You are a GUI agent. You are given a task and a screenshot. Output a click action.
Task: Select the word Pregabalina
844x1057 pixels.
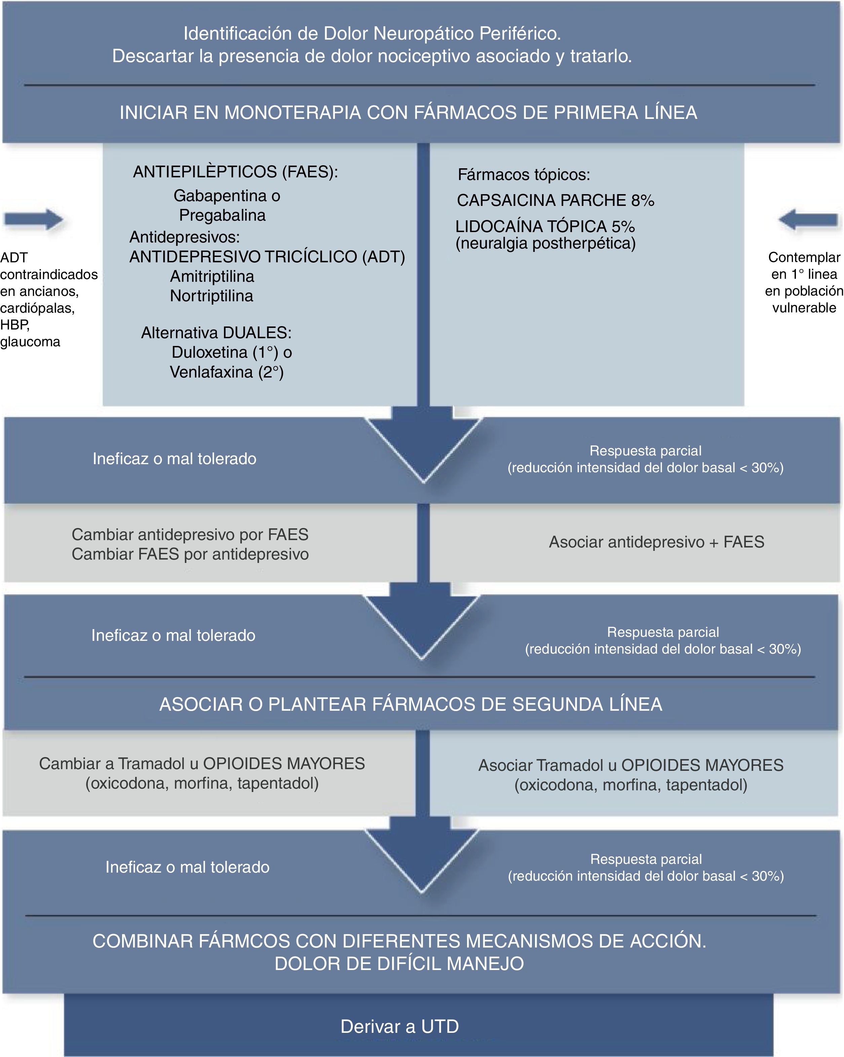pos(222,215)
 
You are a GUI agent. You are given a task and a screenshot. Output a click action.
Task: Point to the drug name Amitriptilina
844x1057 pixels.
pos(212,276)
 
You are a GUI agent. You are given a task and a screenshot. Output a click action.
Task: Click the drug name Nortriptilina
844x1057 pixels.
pos(212,296)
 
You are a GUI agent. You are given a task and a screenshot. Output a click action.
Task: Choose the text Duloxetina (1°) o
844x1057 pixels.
pos(232,352)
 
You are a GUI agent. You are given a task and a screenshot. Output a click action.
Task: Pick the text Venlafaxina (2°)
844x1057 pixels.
pos(227,372)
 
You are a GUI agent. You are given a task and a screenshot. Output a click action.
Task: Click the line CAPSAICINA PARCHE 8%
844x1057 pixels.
pos(555,201)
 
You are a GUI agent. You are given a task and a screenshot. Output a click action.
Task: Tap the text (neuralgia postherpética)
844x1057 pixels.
pos(545,244)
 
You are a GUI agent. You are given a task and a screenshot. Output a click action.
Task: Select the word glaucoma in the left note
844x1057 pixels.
pos(30,342)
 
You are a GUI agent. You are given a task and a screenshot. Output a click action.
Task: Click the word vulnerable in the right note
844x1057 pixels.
pos(804,308)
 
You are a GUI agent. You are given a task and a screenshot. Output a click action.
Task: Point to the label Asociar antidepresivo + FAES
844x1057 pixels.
pos(656,542)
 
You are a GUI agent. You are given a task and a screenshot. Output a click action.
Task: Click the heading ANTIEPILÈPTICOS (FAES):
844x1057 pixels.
pos(235,172)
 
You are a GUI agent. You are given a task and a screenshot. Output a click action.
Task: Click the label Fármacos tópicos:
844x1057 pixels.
pos(524,175)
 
